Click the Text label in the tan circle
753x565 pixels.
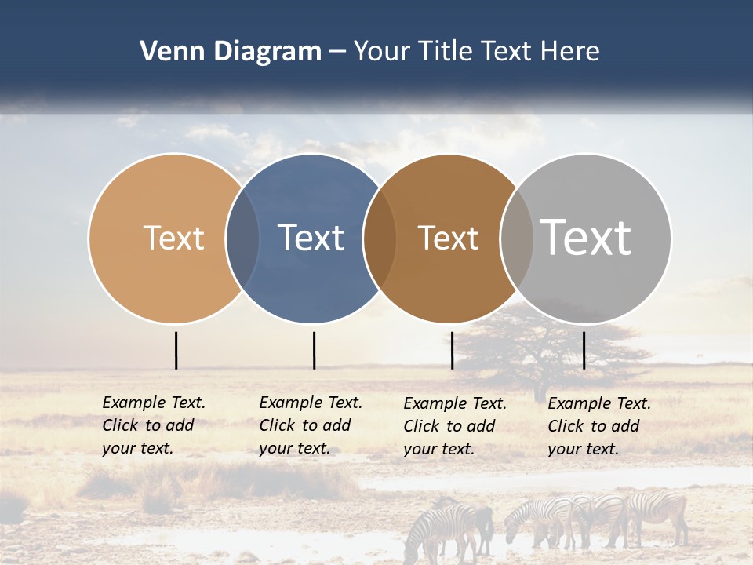point(173,238)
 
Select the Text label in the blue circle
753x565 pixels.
point(311,238)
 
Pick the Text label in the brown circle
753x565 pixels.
point(448,238)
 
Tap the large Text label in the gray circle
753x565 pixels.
point(586,237)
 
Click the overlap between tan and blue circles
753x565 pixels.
point(242,238)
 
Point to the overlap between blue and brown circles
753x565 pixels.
point(380,238)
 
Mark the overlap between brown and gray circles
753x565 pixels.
point(517,238)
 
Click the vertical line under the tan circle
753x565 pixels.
point(176,350)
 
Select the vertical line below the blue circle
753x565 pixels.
point(314,350)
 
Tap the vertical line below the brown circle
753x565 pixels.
point(452,350)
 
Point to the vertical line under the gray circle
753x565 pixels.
point(584,350)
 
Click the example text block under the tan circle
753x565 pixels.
point(154,425)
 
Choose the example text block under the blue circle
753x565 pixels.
point(311,425)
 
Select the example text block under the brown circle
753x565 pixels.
point(455,426)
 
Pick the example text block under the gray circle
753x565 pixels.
point(599,426)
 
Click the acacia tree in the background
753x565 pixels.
point(541,345)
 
